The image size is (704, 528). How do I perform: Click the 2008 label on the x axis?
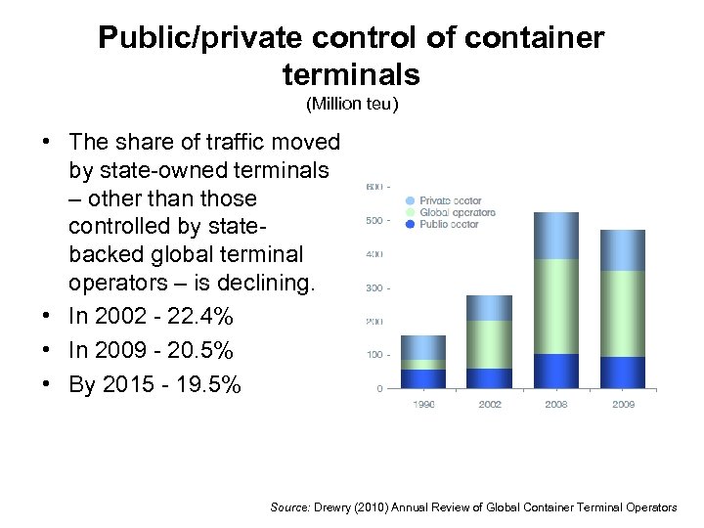pos(556,403)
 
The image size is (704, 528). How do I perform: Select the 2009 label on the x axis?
pos(623,403)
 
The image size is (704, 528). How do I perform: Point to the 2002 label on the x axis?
pos(489,403)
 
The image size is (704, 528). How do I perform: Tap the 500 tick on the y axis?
pos(374,221)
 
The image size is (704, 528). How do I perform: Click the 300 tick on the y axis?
pos(374,288)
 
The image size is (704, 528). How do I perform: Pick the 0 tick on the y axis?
pos(379,389)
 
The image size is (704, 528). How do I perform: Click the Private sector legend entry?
pos(450,200)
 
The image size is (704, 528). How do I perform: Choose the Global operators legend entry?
pos(457,212)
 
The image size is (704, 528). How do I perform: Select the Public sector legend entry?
pos(449,224)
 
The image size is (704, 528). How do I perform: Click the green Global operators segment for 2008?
pos(556,306)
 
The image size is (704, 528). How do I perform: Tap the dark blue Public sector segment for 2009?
pos(623,373)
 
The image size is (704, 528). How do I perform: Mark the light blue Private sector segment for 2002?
pos(489,308)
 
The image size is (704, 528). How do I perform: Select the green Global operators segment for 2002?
pos(489,344)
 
